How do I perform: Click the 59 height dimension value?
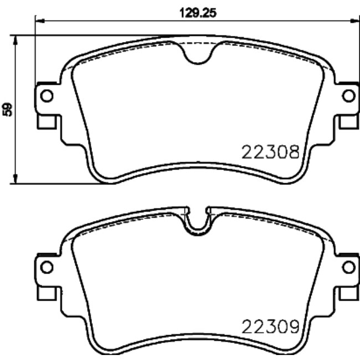[x=7, y=109]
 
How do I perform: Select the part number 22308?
[x=271, y=151]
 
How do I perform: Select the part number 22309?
[x=271, y=326]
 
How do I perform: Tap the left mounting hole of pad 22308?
[x=47, y=96]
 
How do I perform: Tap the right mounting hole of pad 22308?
[x=348, y=96]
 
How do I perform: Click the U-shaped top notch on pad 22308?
[x=197, y=54]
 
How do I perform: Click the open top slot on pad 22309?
[x=197, y=219]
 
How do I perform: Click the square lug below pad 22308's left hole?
[x=45, y=120]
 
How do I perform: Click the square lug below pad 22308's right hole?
[x=349, y=120]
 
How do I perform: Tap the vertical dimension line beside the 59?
[x=17, y=138]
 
